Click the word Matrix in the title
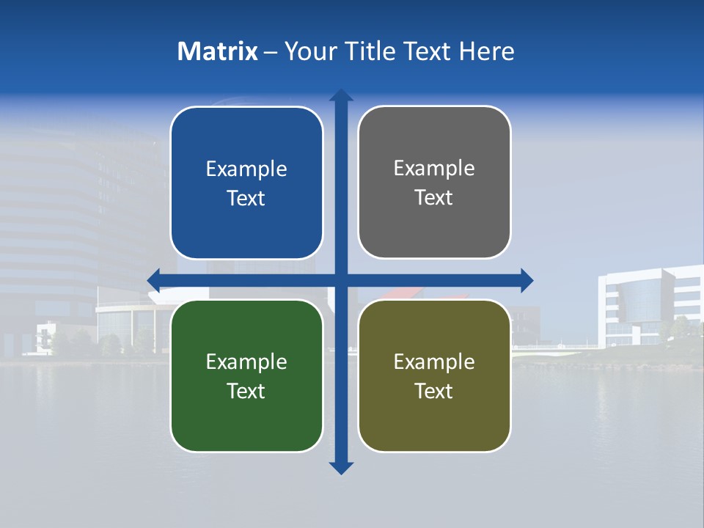[x=217, y=51]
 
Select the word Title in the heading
[x=370, y=51]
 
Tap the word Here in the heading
[x=486, y=51]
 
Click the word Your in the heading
[x=311, y=51]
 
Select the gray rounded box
[x=434, y=224]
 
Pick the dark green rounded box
[x=246, y=418]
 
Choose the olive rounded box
[x=434, y=418]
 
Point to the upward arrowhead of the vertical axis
[x=341, y=95]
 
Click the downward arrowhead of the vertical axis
[x=341, y=468]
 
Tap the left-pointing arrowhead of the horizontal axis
[x=154, y=280]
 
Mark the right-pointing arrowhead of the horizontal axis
[x=527, y=280]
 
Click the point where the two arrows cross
[x=341, y=280]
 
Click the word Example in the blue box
[x=246, y=169]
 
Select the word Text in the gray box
[x=434, y=198]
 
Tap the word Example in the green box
[x=246, y=362]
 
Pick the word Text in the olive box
[x=434, y=392]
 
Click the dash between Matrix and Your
[x=271, y=52]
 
